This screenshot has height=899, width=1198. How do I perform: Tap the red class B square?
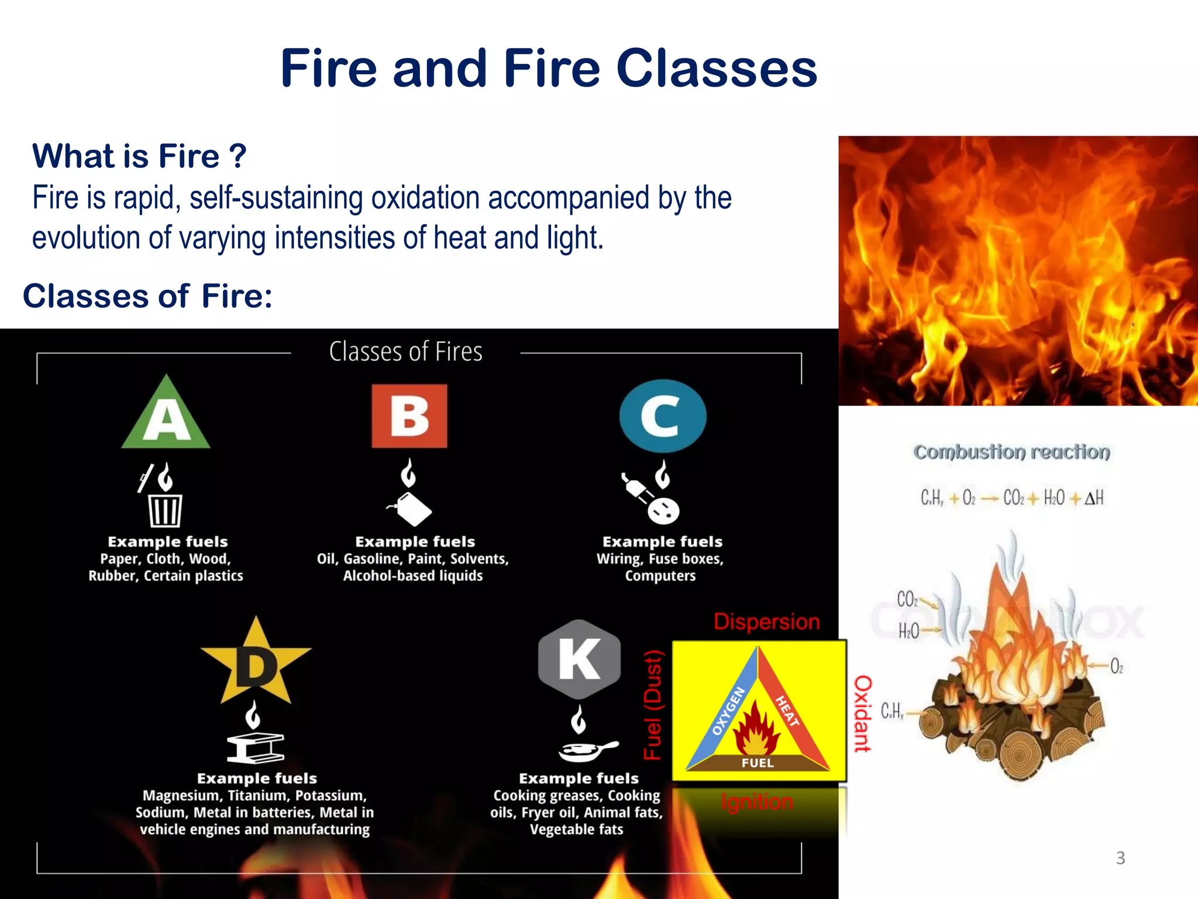tap(409, 416)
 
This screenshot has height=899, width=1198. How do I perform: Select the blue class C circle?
tap(663, 416)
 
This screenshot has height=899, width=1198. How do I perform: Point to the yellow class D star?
tap(256, 664)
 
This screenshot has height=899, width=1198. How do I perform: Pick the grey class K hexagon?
tap(579, 659)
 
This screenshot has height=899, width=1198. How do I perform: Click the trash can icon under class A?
tap(165, 510)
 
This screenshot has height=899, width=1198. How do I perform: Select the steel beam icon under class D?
tap(255, 749)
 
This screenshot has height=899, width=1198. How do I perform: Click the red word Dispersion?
tap(766, 622)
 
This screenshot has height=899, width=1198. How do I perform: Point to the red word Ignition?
tap(757, 802)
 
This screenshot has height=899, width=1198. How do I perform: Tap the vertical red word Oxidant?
tap(863, 713)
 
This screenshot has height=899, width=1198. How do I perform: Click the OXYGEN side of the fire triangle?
tap(728, 711)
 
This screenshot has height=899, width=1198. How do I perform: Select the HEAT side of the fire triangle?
tap(787, 711)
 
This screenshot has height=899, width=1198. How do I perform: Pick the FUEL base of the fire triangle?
tap(758, 763)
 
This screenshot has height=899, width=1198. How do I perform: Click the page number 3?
tap(1120, 858)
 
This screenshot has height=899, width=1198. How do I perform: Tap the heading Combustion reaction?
tap(1011, 452)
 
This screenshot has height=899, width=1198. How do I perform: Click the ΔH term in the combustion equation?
tap(1094, 498)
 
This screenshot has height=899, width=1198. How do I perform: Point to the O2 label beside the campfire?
tap(1117, 666)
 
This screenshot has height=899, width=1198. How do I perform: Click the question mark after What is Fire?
tap(237, 156)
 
